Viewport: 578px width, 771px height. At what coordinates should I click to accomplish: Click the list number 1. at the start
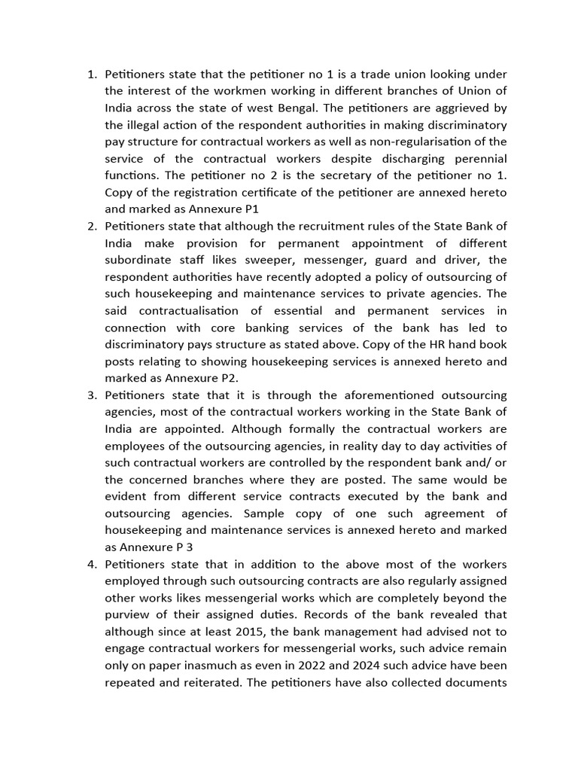pos(93,75)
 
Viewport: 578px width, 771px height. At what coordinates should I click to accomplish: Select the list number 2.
pos(93,227)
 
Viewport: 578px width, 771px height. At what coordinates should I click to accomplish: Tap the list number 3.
pos(93,395)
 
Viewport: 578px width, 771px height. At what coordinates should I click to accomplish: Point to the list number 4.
pos(93,565)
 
